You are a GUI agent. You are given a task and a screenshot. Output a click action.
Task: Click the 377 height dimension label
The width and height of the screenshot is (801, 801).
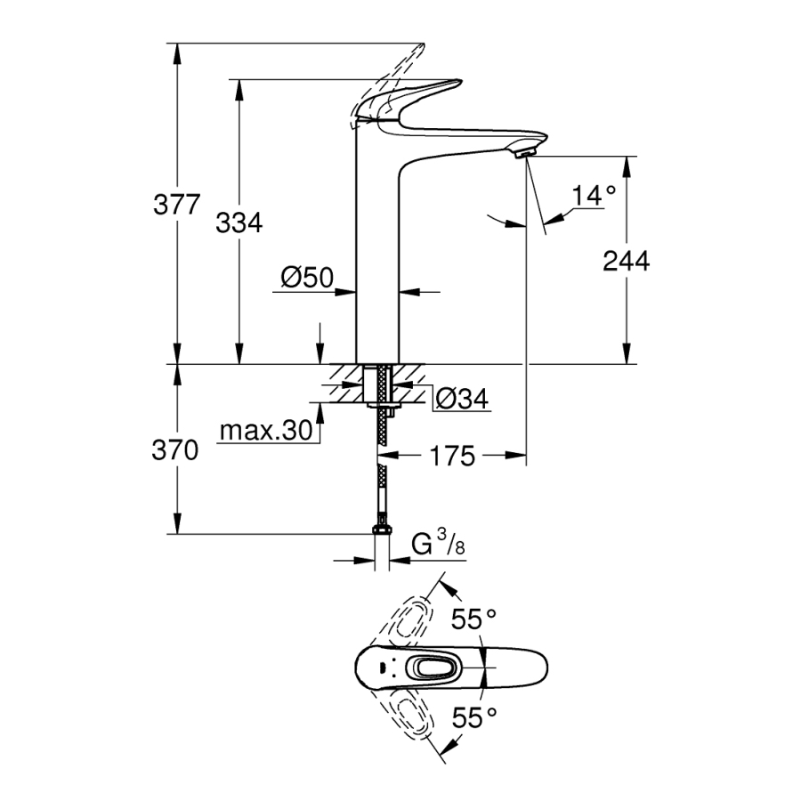[x=176, y=205]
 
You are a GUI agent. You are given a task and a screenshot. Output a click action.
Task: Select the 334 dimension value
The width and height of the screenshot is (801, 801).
[x=239, y=223]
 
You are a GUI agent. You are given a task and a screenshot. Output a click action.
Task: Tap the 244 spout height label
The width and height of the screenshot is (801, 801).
[x=627, y=261]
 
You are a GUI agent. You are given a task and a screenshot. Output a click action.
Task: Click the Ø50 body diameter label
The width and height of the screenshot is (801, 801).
[x=306, y=279]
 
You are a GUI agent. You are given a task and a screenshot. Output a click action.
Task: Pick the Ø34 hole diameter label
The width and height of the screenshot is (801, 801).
[x=463, y=400]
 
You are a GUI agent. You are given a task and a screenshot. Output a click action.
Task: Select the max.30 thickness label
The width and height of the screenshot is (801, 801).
[x=265, y=432]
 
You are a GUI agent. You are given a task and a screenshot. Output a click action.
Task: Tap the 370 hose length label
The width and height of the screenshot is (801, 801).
[x=174, y=450]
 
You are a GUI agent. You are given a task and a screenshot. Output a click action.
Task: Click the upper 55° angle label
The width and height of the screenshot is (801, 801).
[x=473, y=619]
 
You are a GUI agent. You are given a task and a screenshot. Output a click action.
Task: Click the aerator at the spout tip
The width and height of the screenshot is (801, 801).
[x=524, y=154]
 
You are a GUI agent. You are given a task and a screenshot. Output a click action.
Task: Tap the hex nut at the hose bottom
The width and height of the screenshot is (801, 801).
[x=383, y=532]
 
